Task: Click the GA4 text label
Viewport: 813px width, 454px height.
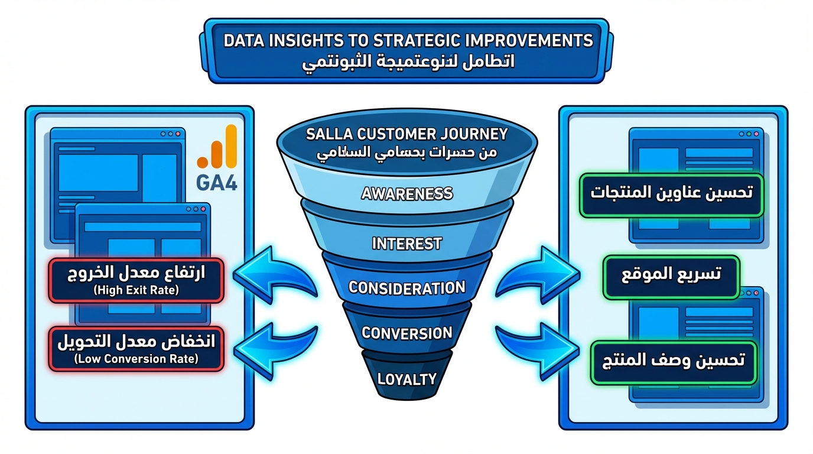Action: click(216, 182)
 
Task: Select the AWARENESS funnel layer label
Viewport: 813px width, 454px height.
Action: click(407, 193)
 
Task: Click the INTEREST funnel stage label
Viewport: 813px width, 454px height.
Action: click(406, 243)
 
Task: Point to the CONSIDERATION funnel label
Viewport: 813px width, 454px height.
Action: click(406, 288)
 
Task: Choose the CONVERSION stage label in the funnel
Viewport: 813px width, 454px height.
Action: click(406, 333)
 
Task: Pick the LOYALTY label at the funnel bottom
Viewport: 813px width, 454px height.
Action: click(406, 379)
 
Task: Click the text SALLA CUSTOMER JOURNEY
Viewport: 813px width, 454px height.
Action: click(407, 134)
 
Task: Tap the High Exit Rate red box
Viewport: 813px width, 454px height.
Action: click(136, 280)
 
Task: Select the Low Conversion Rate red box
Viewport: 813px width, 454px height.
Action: click(136, 349)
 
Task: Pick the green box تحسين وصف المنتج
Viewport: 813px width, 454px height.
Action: click(674, 361)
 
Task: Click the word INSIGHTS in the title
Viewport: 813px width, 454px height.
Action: click(308, 40)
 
